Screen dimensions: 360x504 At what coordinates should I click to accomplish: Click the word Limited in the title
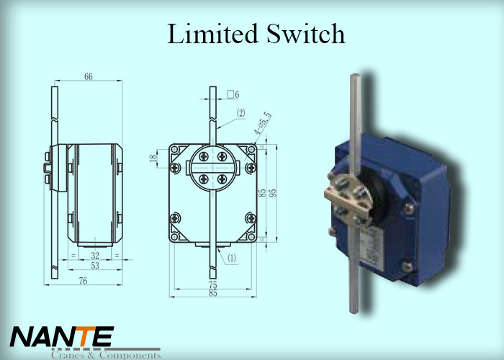[x=211, y=35]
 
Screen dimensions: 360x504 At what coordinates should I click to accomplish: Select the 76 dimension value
[x=84, y=281]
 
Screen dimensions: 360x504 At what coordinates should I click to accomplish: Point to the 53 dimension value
[x=95, y=266]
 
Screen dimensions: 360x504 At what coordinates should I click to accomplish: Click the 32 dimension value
[x=95, y=255]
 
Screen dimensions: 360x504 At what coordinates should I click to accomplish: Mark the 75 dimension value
[x=212, y=284]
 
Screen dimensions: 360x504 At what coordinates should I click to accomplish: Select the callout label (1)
[x=232, y=257]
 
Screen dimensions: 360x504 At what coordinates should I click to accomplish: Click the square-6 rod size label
[x=233, y=94]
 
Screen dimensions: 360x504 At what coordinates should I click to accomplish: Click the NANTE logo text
[x=62, y=336]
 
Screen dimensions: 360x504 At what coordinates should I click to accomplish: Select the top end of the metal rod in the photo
[x=355, y=78]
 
